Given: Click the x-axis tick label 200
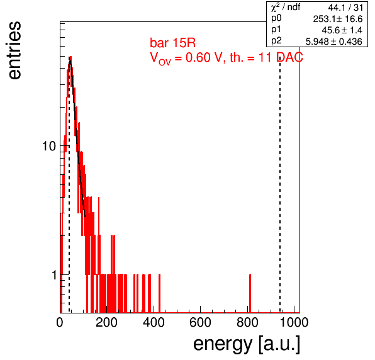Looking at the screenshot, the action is pyautogui.click(x=106, y=322).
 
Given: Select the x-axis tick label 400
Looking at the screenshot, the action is pyautogui.click(x=154, y=322).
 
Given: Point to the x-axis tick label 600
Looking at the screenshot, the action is pyautogui.click(x=200, y=322).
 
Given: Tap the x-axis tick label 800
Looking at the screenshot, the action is pyautogui.click(x=247, y=322).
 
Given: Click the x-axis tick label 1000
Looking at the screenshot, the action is pyautogui.click(x=294, y=322).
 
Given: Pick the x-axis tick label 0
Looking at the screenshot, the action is pyautogui.click(x=60, y=322).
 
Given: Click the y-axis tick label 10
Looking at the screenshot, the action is pyautogui.click(x=49, y=146).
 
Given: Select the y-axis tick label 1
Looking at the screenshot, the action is pyautogui.click(x=54, y=275).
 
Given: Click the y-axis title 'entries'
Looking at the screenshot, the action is pyautogui.click(x=14, y=50).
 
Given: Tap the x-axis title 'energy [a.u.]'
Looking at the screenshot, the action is pyautogui.click(x=247, y=344).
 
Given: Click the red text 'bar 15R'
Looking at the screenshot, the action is pyautogui.click(x=172, y=43).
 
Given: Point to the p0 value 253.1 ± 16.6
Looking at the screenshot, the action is pyautogui.click(x=338, y=19).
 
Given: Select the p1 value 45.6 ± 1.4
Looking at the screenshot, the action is pyautogui.click(x=342, y=30).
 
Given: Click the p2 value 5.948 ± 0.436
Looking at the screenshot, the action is pyautogui.click(x=334, y=42).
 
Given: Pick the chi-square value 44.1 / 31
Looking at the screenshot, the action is pyautogui.click(x=345, y=8).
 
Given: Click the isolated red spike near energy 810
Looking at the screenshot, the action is pyautogui.click(x=250, y=293).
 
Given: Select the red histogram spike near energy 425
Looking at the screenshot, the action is pyautogui.click(x=160, y=293).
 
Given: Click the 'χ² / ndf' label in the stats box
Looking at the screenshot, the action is pyautogui.click(x=285, y=7).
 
